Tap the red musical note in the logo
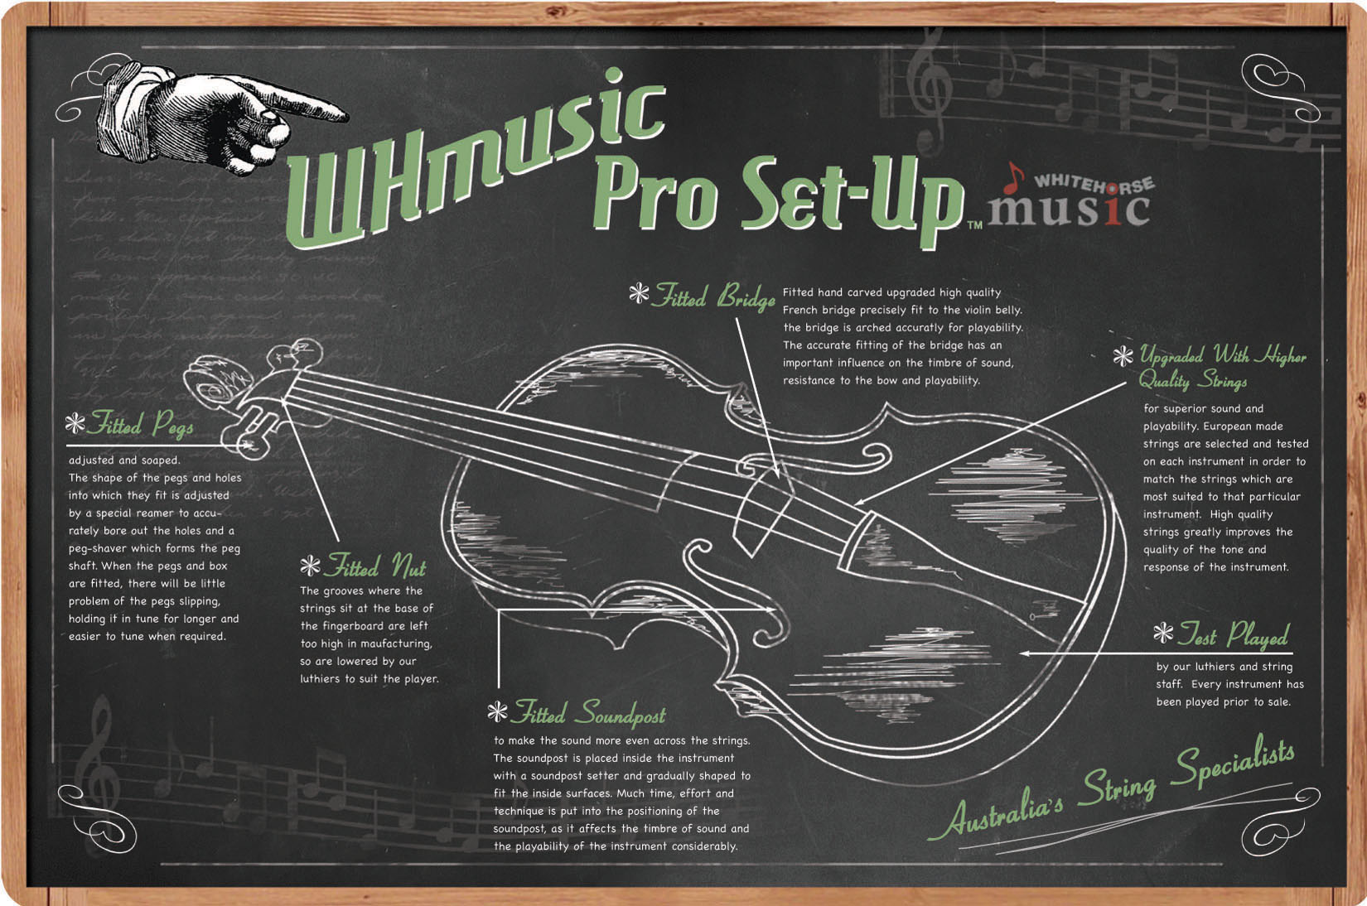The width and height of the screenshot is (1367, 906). click(1013, 176)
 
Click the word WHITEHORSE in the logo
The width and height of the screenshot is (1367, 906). click(1093, 183)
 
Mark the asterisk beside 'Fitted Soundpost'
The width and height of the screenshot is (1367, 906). click(497, 711)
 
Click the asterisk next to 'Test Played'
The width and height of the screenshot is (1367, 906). click(1163, 634)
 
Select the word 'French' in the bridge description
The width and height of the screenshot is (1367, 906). click(802, 310)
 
